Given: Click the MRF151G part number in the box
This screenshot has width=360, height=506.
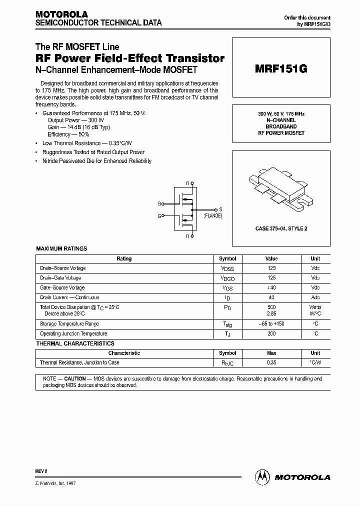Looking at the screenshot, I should point(281,69).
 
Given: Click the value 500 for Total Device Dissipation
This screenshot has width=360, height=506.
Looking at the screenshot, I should point(271,307).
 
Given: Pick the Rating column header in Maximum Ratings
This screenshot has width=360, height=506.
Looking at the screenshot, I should point(124,258).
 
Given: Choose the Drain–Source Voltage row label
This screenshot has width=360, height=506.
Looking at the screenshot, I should point(62,268).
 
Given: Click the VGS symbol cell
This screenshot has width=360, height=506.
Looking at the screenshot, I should point(227,288).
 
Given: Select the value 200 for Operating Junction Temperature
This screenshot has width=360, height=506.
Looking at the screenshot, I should point(271,333).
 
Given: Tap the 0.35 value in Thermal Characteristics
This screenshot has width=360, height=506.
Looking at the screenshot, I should point(271,362).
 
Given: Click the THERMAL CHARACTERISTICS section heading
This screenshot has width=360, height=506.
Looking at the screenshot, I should point(75,343).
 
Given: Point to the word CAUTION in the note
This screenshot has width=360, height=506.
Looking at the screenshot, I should point(74,379).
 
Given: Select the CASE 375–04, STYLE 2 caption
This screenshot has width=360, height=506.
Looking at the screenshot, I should point(280,228).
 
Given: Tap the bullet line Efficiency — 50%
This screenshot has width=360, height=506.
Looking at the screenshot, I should point(68,134).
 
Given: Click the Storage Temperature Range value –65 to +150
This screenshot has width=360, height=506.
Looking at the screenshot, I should point(271,324).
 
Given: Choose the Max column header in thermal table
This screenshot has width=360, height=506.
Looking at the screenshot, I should point(271,353).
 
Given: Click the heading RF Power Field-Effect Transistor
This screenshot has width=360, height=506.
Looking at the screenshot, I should point(130,58).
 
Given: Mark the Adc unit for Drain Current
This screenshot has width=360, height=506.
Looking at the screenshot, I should point(315,297).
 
